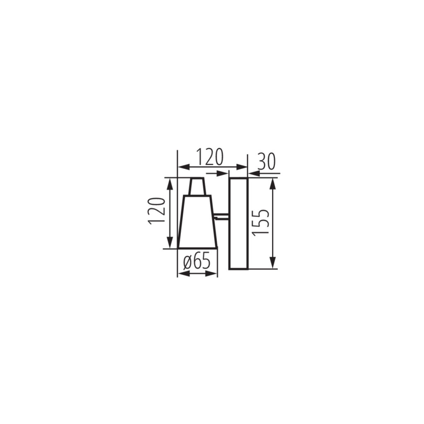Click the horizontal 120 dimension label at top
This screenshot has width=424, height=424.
[210, 157]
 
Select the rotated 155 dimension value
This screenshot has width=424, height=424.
[262, 222]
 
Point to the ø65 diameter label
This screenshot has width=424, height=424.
[196, 262]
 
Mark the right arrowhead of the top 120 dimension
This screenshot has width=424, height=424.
[241, 167]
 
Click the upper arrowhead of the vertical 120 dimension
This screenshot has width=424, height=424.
[170, 184]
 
